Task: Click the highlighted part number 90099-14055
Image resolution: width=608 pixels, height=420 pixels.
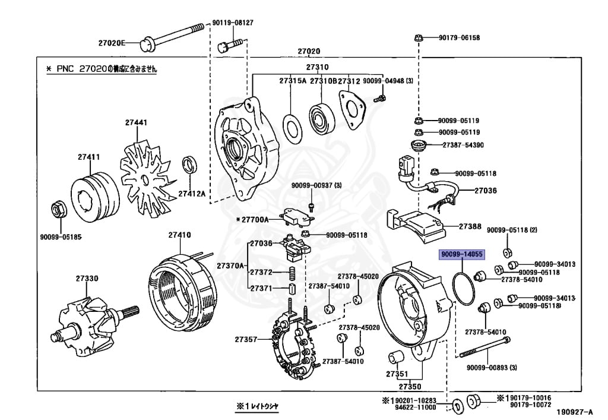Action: (x=462, y=254)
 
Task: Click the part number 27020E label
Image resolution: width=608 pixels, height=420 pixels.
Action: (x=112, y=43)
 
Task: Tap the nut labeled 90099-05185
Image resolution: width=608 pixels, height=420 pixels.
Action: (x=59, y=209)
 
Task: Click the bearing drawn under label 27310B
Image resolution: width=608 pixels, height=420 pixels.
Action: (x=321, y=117)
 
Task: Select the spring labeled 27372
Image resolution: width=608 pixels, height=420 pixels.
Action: (x=292, y=273)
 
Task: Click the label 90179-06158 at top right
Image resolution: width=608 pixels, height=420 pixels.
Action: (x=459, y=37)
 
